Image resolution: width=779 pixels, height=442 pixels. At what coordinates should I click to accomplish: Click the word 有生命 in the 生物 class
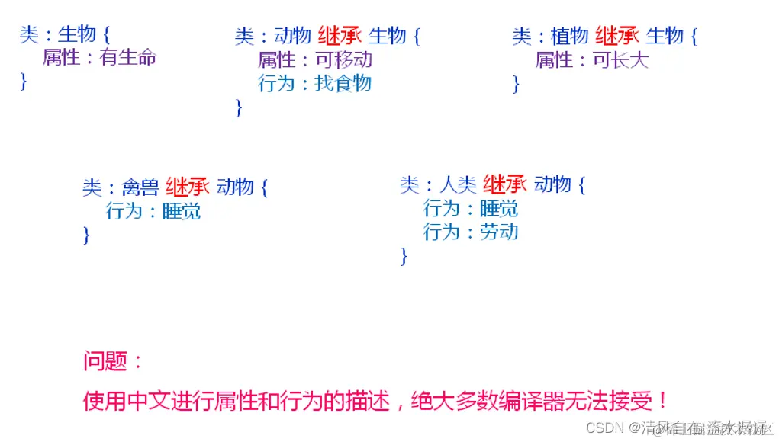[x=128, y=58]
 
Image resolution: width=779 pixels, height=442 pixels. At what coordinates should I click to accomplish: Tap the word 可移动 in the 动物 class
[x=344, y=59]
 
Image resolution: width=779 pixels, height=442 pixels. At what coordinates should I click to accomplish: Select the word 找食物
[x=343, y=83]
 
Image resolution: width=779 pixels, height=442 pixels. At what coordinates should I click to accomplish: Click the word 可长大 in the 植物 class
[x=620, y=59]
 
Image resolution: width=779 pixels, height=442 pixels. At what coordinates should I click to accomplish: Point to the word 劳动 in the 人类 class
[x=499, y=232]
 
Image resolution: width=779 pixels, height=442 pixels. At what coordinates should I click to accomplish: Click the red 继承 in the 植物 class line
[x=616, y=36]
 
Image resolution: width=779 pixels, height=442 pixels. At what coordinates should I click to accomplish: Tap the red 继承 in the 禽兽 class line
[x=187, y=187]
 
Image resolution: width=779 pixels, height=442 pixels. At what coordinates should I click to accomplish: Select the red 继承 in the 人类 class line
[x=505, y=184]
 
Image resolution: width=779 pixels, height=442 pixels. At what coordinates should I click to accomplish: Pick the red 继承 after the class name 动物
[x=339, y=36]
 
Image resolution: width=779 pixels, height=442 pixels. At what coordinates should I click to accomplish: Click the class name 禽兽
[x=140, y=187]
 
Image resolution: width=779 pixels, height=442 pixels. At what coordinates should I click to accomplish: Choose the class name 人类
[x=459, y=184]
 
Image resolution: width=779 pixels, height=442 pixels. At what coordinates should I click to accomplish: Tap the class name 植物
[x=570, y=36]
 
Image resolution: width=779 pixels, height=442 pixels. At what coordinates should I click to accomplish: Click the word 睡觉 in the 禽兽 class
[x=182, y=211]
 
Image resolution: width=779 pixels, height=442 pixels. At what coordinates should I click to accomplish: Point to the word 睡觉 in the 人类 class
[x=499, y=208]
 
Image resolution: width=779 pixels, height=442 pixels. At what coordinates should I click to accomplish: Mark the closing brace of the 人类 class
[x=404, y=257]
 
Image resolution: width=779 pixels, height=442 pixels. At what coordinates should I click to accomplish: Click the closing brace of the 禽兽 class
[x=86, y=235]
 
